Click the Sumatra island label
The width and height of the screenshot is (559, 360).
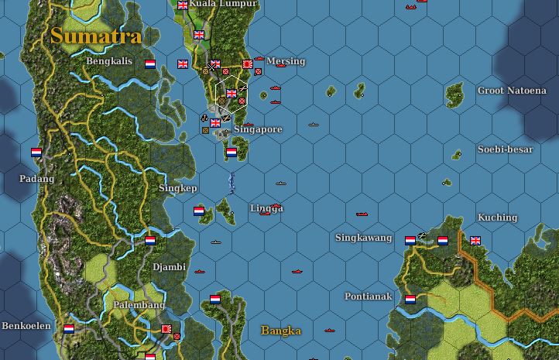pyautogui.click(x=96, y=36)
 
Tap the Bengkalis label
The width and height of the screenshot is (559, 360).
pyautogui.click(x=109, y=61)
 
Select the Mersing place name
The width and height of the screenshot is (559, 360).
pyautogui.click(x=286, y=61)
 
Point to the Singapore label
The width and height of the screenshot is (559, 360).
pyautogui.click(x=258, y=129)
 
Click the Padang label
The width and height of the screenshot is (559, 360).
pyautogui.click(x=37, y=179)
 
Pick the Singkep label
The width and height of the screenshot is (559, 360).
pyautogui.click(x=178, y=188)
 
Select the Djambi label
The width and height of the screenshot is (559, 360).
pyautogui.click(x=169, y=267)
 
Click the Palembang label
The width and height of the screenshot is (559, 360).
pyautogui.click(x=139, y=306)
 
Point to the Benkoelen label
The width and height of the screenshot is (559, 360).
pyautogui.click(x=26, y=326)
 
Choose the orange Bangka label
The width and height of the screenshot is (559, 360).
pyautogui.click(x=281, y=331)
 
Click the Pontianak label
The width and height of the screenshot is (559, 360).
pyautogui.click(x=369, y=297)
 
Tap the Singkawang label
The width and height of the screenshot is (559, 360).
pyautogui.click(x=364, y=238)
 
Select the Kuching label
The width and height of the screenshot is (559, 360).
pyautogui.click(x=497, y=218)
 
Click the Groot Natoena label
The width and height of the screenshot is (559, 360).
pyautogui.click(x=512, y=91)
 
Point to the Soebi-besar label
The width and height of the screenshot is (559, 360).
pyautogui.click(x=505, y=149)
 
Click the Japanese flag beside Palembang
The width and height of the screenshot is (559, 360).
pyautogui.click(x=166, y=329)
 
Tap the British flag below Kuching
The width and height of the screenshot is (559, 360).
pyautogui.click(x=475, y=241)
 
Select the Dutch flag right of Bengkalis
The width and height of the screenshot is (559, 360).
pyautogui.click(x=150, y=64)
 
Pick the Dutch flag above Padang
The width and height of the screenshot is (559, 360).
pyautogui.click(x=36, y=153)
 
